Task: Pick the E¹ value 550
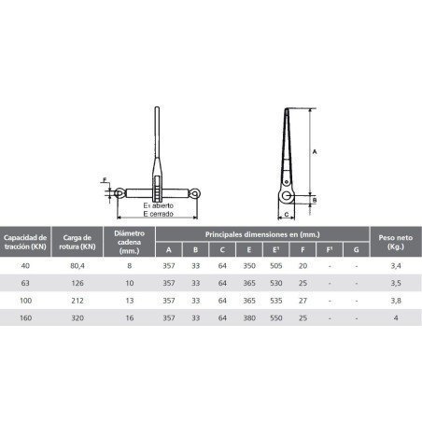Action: point(276,318)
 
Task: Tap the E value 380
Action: point(248,318)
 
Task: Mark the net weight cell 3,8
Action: point(397,301)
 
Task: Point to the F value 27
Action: point(303,301)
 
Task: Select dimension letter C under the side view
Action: point(278,212)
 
